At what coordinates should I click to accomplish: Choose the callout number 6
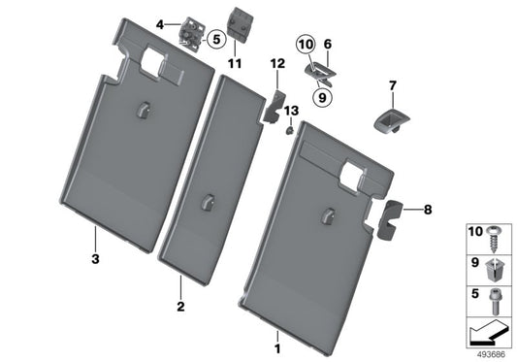click(x=328, y=44)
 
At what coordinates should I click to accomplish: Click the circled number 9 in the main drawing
click(x=321, y=96)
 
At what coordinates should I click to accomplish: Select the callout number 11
click(x=234, y=64)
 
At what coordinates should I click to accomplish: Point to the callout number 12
click(x=276, y=64)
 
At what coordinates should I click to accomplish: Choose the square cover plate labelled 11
click(x=238, y=22)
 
